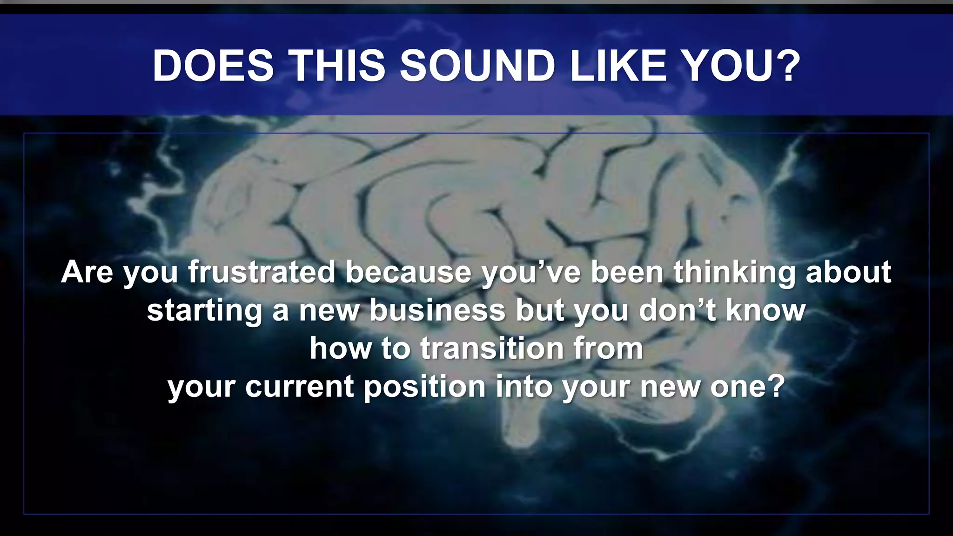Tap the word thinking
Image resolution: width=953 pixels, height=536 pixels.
tap(735, 273)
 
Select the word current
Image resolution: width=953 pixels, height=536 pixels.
tap(300, 387)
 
